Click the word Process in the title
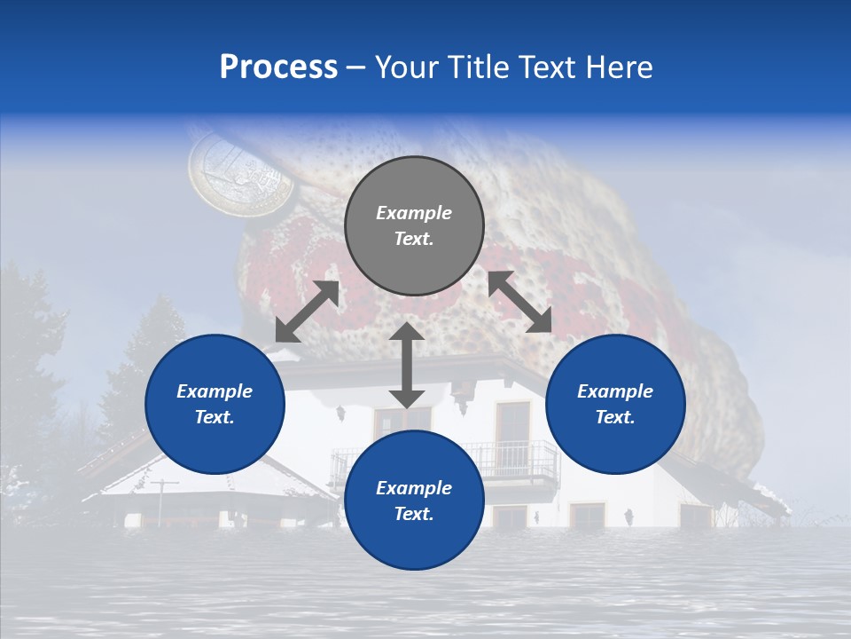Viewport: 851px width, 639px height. click(278, 67)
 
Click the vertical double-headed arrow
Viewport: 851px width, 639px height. click(407, 365)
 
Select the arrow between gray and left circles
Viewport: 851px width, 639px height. click(307, 312)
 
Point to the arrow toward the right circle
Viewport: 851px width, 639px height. click(520, 302)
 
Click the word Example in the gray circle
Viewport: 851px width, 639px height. click(414, 213)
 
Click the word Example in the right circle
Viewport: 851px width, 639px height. click(615, 391)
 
